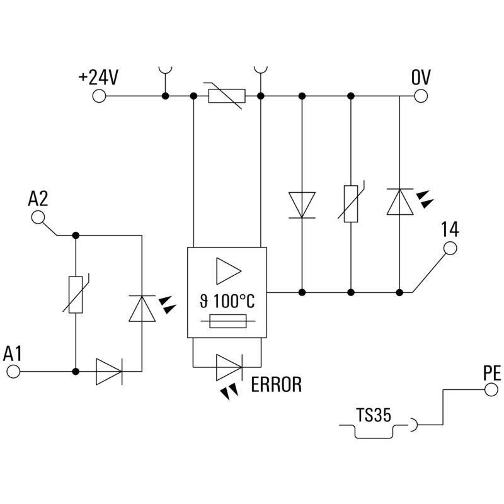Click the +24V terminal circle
pos(99,96)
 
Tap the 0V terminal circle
pos(421,96)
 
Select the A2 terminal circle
pos(38,217)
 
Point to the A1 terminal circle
pos(13,372)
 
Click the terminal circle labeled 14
pos(450,249)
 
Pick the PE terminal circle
pos(491,391)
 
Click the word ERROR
pos(276,384)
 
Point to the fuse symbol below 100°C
pos(227,323)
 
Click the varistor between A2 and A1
pos(76,294)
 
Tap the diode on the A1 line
pos(108,372)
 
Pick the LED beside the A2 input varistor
pos(141,307)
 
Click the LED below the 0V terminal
pos(400,202)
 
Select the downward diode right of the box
pos(302,204)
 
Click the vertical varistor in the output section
pos(350,204)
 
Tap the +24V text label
pos(98,77)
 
